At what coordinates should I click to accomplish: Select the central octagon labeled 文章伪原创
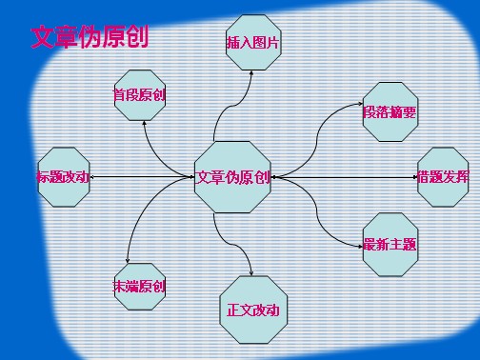(x=232, y=176)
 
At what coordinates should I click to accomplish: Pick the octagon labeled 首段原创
(x=140, y=95)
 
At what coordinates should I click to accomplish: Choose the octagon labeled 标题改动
(x=63, y=176)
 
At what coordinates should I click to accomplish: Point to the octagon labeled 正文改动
(x=252, y=310)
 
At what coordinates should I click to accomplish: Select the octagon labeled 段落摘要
(x=390, y=112)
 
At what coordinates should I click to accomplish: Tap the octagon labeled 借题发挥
(x=443, y=176)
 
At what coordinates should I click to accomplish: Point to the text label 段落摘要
(x=390, y=112)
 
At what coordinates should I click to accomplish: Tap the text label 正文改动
(x=252, y=310)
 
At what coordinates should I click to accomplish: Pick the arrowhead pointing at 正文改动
(x=250, y=273)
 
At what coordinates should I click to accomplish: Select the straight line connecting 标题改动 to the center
(x=143, y=176)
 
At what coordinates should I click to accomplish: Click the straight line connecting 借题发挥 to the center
(x=343, y=176)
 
